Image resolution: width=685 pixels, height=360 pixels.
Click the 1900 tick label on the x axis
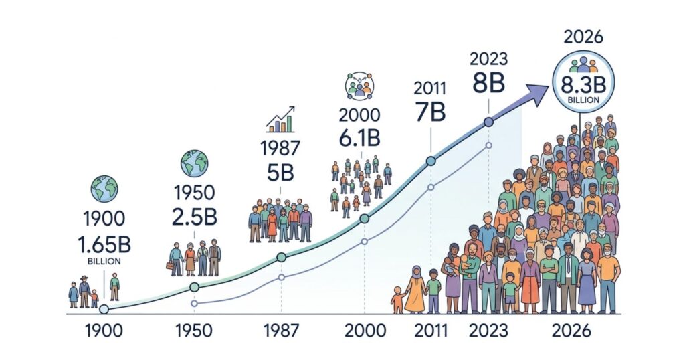[x=103, y=331]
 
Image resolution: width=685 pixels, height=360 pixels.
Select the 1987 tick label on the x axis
[x=281, y=331]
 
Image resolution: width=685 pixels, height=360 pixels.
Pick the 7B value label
[x=429, y=112]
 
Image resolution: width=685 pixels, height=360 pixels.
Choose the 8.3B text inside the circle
[x=579, y=86]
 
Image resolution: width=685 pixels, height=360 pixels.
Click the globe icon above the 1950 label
[x=194, y=163]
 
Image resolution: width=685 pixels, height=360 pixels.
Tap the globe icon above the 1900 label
[x=105, y=189]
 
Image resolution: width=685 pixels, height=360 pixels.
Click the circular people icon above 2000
[x=359, y=86]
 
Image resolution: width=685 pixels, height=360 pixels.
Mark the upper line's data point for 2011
[x=430, y=161]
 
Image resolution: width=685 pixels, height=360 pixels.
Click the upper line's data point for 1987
[x=281, y=257]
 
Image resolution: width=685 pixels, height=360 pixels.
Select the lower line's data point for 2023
[x=489, y=145]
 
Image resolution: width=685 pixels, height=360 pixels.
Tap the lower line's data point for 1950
[x=195, y=303]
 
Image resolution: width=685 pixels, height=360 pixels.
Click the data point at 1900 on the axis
[x=104, y=309]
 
